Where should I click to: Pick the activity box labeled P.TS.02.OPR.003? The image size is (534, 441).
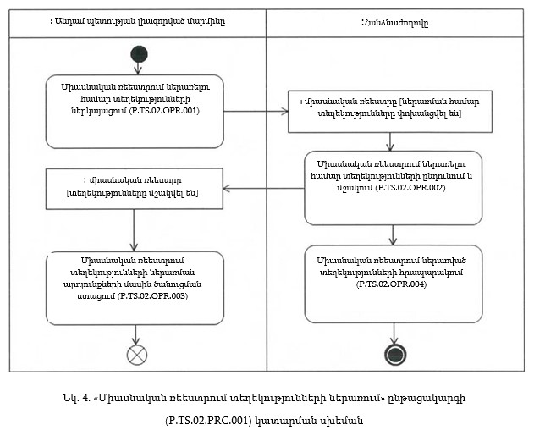coord(135,288)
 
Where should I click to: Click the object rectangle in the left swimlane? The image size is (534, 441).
coord(132,186)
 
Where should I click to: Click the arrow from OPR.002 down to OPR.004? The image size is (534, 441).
coord(392,234)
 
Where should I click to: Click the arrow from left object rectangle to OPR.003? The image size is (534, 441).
coord(134,228)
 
